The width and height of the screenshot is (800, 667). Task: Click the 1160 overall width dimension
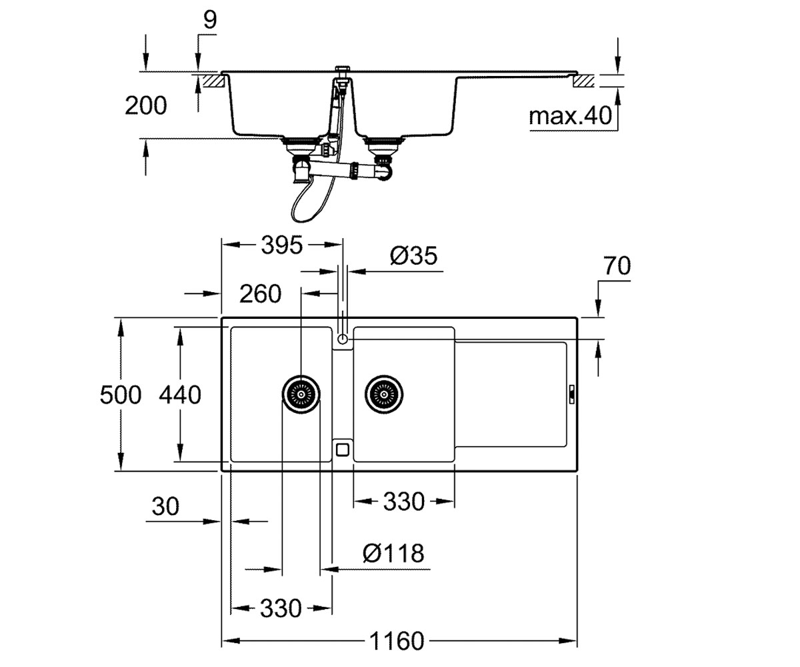click(397, 640)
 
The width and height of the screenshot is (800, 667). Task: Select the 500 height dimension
click(120, 395)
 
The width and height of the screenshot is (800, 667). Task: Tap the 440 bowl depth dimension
click(180, 395)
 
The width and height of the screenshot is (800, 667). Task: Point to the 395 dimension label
click(282, 245)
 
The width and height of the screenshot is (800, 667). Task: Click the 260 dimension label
click(260, 294)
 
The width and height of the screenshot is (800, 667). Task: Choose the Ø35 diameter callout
click(413, 255)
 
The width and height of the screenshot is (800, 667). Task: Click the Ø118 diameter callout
click(393, 553)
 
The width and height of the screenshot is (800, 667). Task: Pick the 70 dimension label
click(617, 265)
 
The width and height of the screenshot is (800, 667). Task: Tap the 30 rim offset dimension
click(165, 506)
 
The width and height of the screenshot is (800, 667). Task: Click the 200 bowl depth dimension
click(145, 105)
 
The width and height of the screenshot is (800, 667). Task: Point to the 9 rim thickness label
click(210, 19)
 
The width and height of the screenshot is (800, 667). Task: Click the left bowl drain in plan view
click(301, 394)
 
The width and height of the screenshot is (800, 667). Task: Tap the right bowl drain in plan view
click(384, 394)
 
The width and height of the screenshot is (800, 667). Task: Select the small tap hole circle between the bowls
click(343, 339)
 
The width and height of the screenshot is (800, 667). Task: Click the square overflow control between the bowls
click(343, 450)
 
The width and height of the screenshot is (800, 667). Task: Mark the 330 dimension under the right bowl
click(404, 501)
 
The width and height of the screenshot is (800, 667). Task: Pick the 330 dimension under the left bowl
click(281, 608)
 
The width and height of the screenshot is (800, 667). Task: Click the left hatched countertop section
click(213, 81)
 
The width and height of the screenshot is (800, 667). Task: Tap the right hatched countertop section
click(583, 81)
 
